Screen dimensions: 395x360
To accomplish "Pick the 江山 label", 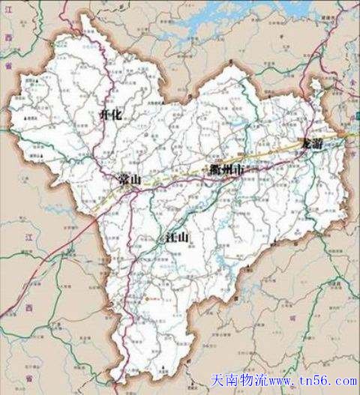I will (x=172, y=239).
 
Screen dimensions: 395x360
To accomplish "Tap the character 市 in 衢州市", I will (x=239, y=171).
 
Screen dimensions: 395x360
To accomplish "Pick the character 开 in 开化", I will (x=103, y=114).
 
